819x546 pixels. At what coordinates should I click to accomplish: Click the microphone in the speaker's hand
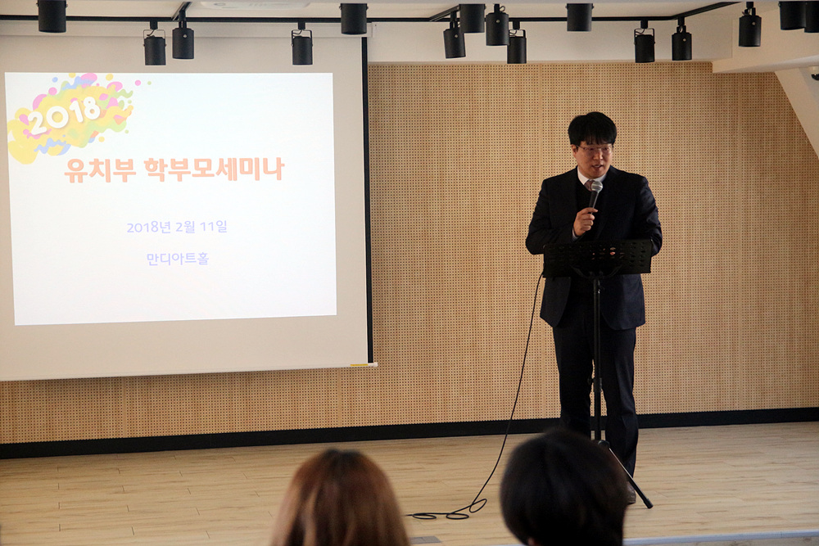(595, 194)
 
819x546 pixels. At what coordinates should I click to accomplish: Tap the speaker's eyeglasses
(595, 150)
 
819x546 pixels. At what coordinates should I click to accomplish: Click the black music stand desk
(598, 257)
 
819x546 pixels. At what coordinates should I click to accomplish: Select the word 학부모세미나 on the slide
(214, 169)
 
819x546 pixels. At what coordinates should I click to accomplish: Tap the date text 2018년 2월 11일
(177, 227)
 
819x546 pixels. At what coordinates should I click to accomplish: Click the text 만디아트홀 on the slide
(178, 259)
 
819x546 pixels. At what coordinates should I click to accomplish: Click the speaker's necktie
(589, 186)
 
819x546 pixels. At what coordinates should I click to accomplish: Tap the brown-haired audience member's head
(340, 499)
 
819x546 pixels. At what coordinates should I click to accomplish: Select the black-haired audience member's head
(563, 489)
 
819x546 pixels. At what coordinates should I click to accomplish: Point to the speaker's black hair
(592, 128)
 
